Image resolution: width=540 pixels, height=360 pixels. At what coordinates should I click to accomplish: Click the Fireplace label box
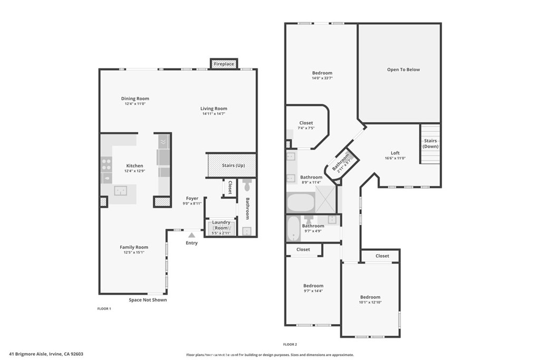coord(224,64)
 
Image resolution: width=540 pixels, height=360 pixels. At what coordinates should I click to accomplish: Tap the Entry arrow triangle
coord(192,235)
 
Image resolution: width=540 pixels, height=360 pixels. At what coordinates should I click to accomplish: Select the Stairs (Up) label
coord(234,165)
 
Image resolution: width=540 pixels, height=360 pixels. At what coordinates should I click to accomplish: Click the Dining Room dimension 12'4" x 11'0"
coord(135,104)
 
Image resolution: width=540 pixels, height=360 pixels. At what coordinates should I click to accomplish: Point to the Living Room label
coord(214,109)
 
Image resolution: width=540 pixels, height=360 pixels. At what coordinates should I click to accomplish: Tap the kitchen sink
coord(121,191)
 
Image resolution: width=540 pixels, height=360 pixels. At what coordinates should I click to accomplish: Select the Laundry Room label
coord(221,225)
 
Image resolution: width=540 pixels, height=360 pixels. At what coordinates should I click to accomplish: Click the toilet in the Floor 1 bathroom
coord(247,184)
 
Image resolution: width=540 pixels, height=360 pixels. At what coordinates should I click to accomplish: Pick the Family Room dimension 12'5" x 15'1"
coord(134,252)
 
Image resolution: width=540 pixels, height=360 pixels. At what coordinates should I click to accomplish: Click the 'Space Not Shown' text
coord(148,300)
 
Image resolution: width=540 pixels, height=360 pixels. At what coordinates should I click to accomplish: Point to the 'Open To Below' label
coord(403,70)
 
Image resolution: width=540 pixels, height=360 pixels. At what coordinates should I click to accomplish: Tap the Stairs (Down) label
coord(430,143)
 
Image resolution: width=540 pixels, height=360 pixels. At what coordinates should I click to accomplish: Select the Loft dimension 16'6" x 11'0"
coord(395,158)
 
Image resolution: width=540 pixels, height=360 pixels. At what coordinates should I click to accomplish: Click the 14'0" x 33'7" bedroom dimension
coord(322,78)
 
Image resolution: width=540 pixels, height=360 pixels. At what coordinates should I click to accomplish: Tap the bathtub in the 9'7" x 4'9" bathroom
coord(293,228)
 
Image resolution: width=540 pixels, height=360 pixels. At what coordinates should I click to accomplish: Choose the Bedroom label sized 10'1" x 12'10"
coord(370,297)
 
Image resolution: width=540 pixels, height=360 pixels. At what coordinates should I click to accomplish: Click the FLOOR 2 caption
coord(290,344)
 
